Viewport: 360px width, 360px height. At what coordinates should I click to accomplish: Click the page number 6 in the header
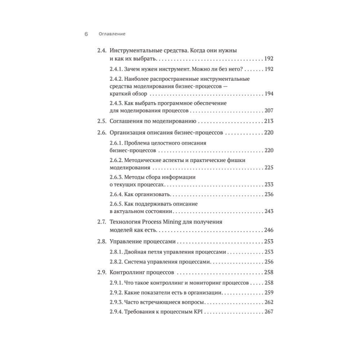click(x=86, y=34)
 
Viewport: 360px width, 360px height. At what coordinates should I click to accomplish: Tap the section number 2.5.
click(x=102, y=121)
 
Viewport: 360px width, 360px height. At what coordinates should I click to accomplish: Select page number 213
click(x=269, y=121)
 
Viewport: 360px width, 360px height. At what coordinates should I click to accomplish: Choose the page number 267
click(x=269, y=312)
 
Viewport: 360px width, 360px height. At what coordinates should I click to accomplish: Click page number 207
click(x=269, y=111)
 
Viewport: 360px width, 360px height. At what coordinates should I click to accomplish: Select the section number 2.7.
click(x=102, y=222)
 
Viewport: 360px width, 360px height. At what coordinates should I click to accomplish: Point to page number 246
click(x=269, y=230)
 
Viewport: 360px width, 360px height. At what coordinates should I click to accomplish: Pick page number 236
click(x=269, y=194)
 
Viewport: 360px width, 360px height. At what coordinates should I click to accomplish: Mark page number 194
click(x=269, y=94)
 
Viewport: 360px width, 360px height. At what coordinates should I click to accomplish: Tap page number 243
click(x=269, y=211)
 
